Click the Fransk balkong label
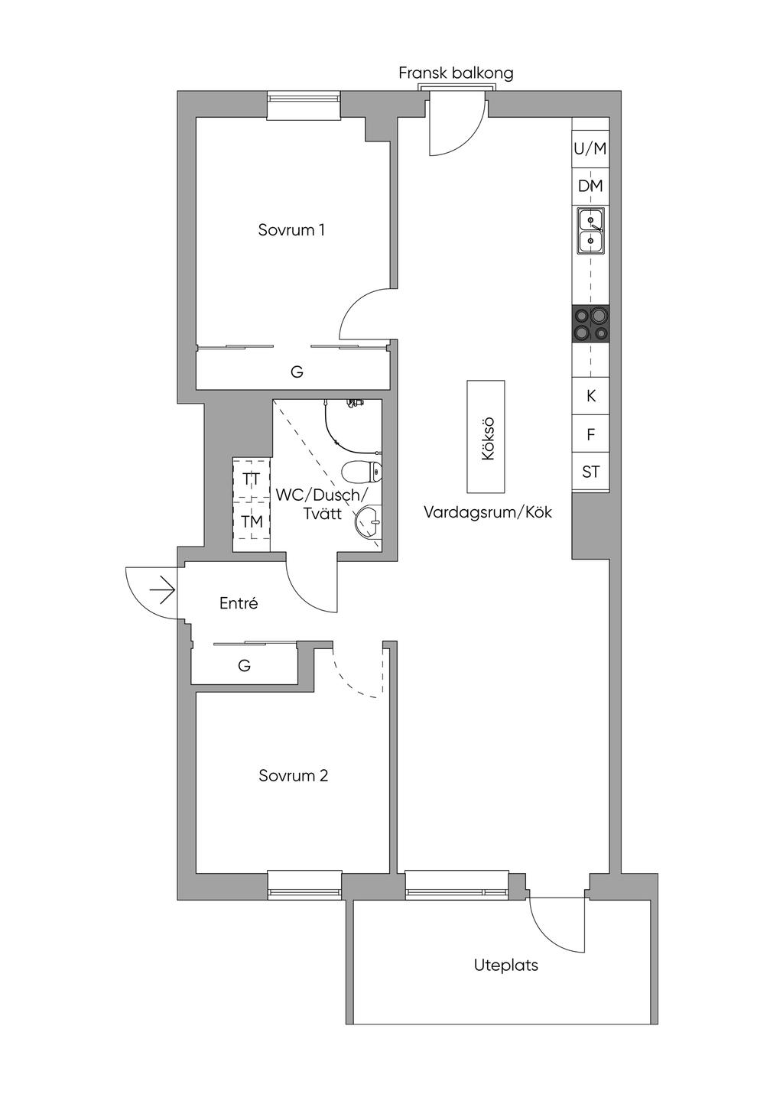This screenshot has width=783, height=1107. pos(456,73)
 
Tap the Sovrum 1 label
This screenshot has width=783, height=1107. pos(291,230)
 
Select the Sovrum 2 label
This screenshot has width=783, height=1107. pos(293,775)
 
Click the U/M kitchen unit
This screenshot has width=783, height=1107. pos(590,149)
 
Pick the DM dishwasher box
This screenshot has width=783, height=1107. pos(590,187)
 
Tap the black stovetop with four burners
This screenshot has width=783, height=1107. pos(590,323)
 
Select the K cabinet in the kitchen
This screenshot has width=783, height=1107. pos(590,396)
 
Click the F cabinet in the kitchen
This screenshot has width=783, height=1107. pos(590,434)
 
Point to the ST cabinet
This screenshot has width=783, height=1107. pos(590,472)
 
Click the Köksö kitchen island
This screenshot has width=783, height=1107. pos(486,437)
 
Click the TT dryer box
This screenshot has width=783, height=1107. pos(252,480)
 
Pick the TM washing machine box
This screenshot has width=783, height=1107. pos(252,521)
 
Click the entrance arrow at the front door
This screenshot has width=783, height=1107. pos(165,590)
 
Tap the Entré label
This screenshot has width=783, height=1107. pos(239,603)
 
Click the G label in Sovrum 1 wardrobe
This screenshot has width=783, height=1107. pos(297,372)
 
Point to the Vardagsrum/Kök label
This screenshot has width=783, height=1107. pos(487,512)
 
